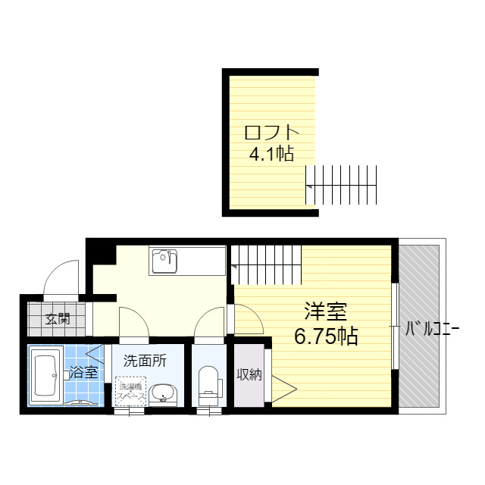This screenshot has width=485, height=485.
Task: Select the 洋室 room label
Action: [326, 311]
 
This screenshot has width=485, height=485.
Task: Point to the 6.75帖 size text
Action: [327, 335]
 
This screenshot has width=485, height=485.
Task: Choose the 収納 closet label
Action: [249, 374]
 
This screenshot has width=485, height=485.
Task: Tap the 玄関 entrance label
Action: [57, 319]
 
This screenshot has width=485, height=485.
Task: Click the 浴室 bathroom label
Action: [83, 372]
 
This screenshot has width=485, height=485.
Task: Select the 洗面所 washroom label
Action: [145, 360]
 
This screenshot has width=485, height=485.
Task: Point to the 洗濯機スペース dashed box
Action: [131, 391]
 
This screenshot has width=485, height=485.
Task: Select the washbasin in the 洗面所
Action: [161, 394]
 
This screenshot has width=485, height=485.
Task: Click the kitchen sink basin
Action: [164, 261]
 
